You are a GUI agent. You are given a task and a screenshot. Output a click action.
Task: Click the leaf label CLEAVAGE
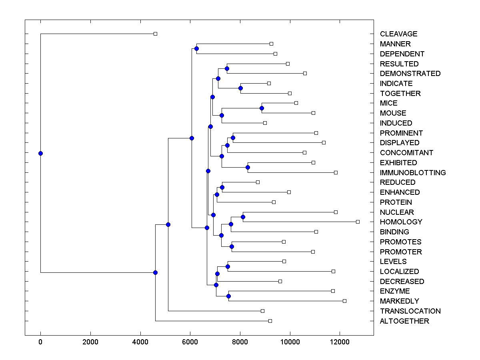[x=398, y=34]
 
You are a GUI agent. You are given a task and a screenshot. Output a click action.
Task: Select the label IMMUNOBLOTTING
[x=413, y=173]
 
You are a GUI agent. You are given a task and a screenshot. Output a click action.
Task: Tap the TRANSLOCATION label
[x=410, y=311]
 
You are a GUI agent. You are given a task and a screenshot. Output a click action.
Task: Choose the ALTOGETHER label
[x=404, y=321]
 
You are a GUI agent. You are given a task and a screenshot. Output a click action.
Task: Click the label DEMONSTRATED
[x=410, y=74]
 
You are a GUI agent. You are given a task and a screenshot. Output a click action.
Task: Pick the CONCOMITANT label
[x=406, y=153]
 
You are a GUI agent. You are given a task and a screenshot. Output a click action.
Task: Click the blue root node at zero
[x=40, y=153]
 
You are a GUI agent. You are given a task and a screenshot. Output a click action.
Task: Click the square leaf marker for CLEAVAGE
[x=156, y=34]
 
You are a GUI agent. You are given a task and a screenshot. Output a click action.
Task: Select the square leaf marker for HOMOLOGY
[x=358, y=222]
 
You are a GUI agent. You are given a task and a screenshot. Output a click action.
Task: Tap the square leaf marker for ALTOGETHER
[x=270, y=321]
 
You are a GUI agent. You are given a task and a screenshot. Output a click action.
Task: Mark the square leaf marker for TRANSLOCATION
[x=262, y=311]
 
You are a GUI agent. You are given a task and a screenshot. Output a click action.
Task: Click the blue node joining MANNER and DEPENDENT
[x=196, y=49]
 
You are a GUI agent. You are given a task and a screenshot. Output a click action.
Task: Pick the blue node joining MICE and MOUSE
[x=262, y=108]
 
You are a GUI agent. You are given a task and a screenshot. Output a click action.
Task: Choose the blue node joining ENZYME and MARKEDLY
[x=228, y=296]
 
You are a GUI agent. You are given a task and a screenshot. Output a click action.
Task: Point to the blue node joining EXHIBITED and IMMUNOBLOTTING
[x=248, y=167]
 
